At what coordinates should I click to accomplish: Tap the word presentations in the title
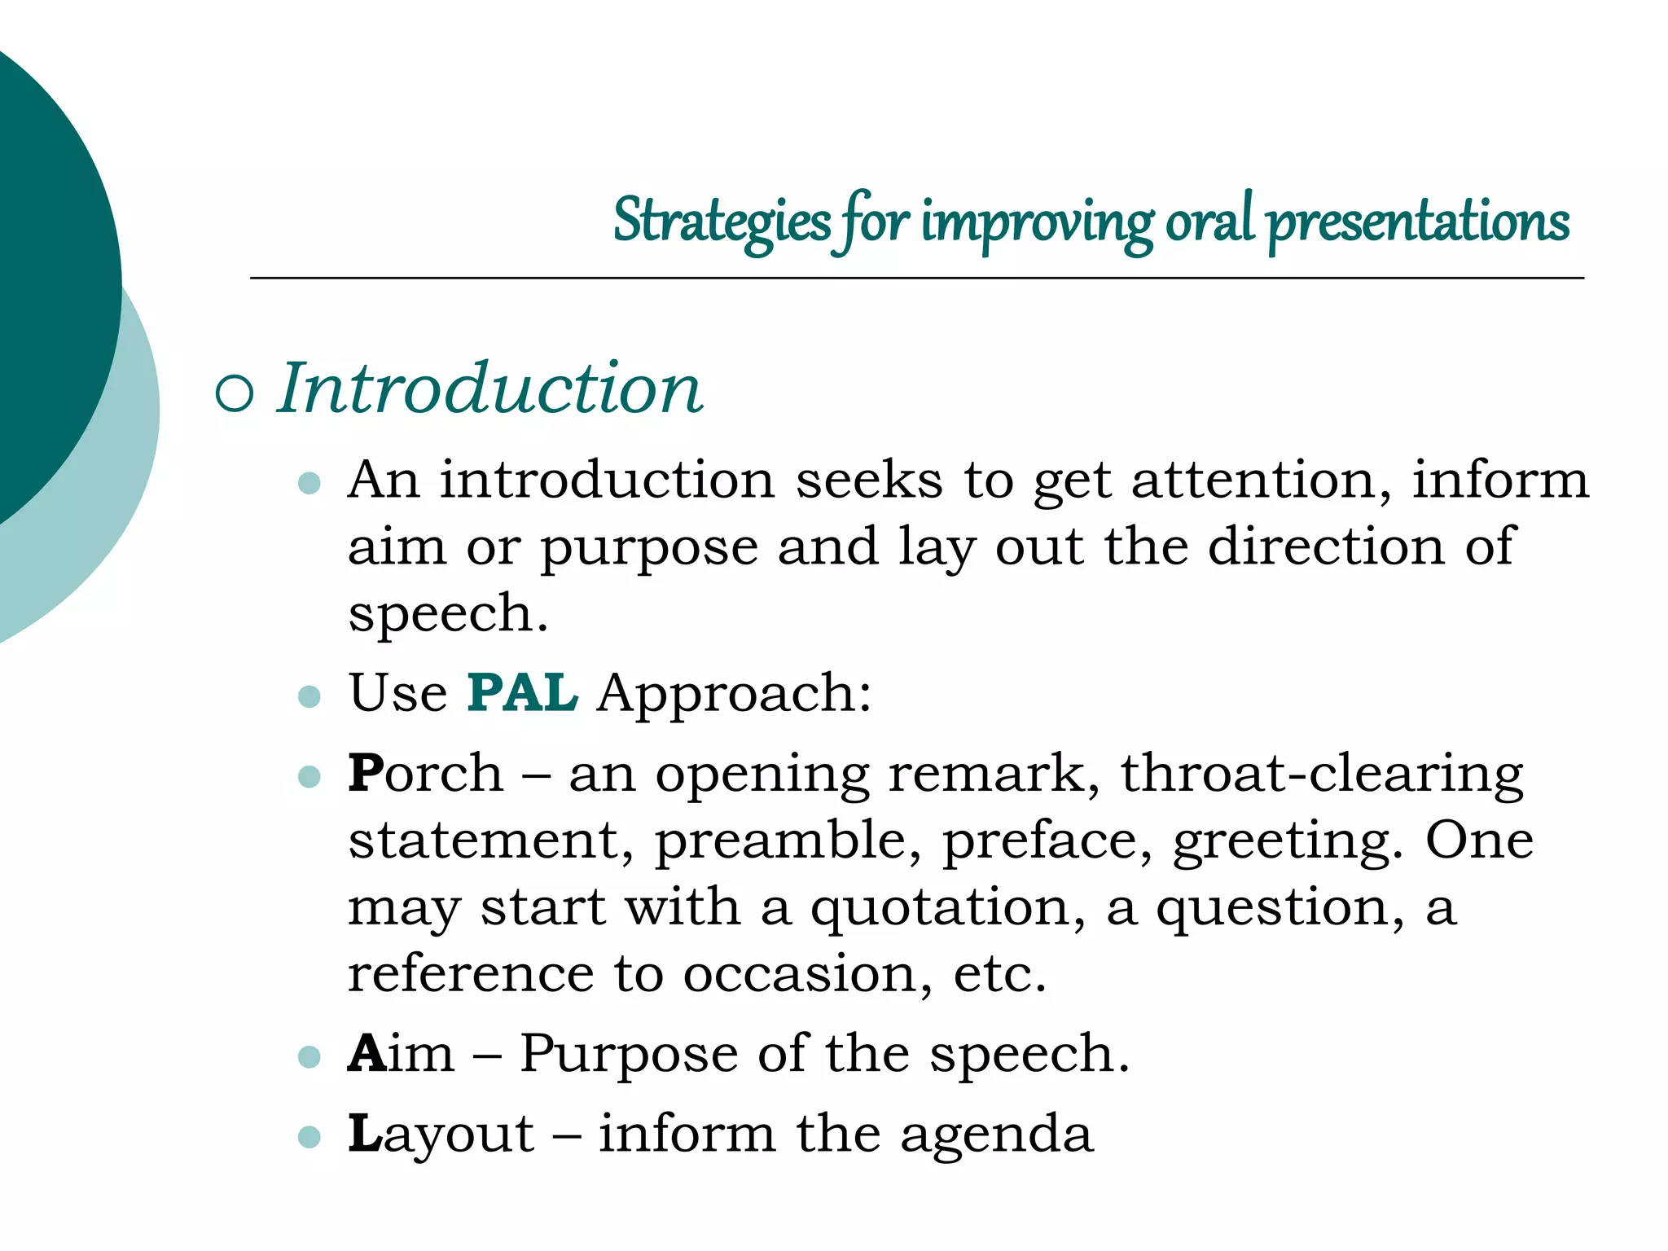coord(1418,222)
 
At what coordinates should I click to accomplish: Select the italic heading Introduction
coord(489,388)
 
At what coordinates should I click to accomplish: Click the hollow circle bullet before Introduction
coord(235,393)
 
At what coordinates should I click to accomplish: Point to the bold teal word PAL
coord(522,693)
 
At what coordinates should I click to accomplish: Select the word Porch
coord(425,773)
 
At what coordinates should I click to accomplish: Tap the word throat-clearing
coord(1321,773)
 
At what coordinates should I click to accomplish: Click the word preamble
coord(788,840)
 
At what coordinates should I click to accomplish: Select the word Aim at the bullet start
coord(401,1054)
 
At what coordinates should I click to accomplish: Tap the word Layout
coord(441,1135)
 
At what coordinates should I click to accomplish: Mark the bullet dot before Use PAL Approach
coord(309,696)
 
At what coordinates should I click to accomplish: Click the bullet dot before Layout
coord(309,1136)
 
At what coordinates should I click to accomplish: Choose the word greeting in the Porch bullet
coord(1288,841)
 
